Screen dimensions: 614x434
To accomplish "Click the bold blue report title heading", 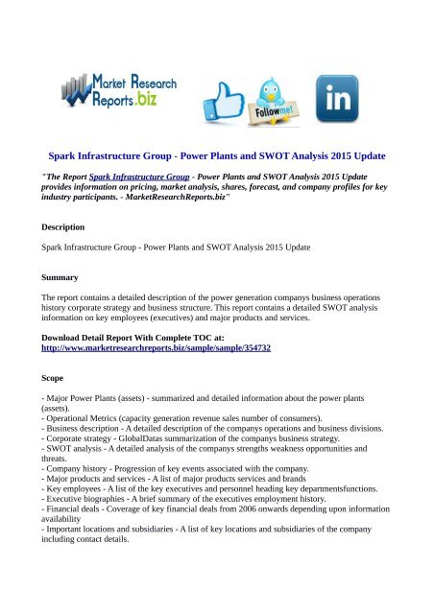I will click(x=217, y=153).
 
